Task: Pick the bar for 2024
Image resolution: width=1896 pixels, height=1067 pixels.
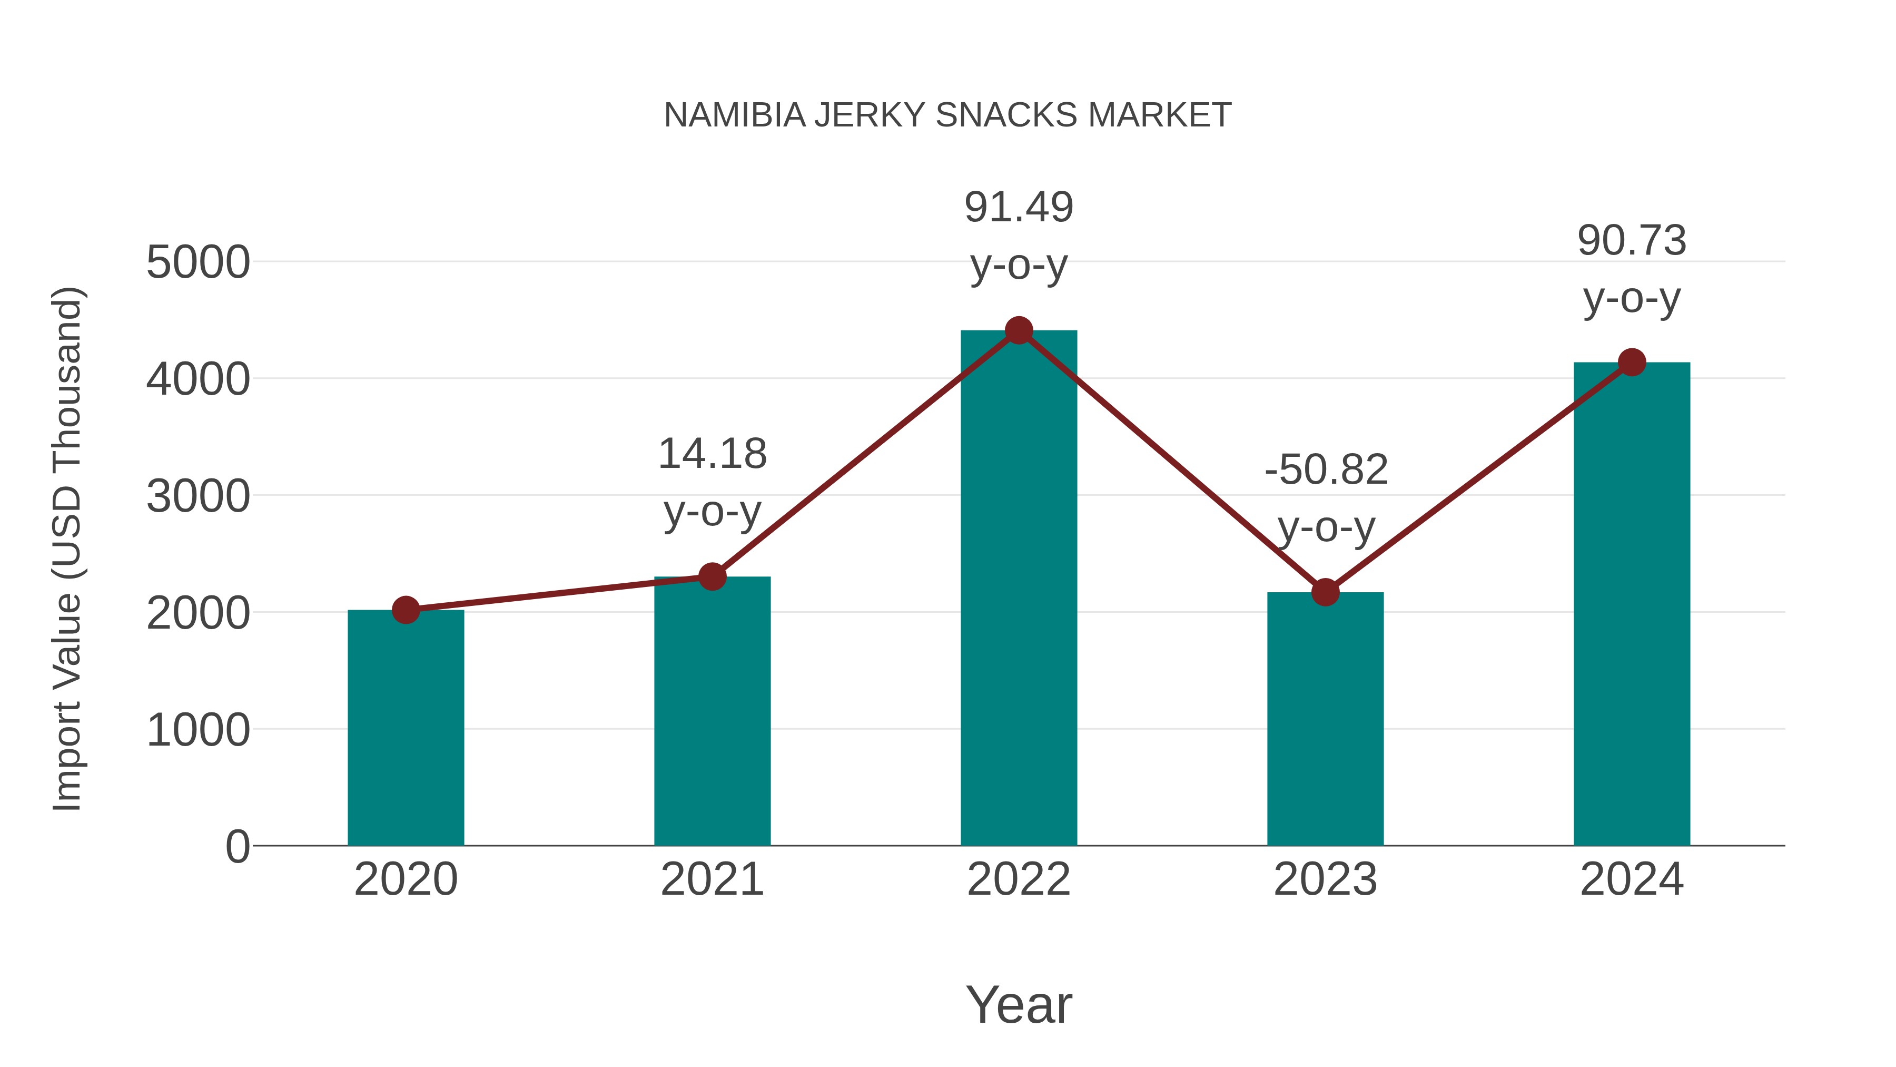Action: [x=1632, y=604]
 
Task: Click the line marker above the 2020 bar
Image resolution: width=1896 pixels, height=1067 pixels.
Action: [x=406, y=610]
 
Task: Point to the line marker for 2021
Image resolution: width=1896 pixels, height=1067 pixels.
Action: [x=712, y=576]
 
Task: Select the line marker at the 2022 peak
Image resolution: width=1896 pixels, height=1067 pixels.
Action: [x=1019, y=330]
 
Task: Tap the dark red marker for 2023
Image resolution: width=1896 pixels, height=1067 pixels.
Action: [x=1325, y=592]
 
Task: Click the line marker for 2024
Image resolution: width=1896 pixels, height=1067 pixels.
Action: [x=1632, y=363]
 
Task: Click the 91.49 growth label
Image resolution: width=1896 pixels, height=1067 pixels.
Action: [x=1019, y=208]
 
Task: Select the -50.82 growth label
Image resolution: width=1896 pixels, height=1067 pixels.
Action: [x=1326, y=470]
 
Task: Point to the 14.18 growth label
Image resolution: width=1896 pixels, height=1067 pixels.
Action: [x=712, y=454]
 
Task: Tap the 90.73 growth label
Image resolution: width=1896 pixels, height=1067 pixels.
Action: [x=1632, y=241]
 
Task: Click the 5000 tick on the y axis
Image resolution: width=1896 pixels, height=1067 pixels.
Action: [x=198, y=262]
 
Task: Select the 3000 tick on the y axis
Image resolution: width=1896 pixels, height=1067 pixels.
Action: [x=198, y=496]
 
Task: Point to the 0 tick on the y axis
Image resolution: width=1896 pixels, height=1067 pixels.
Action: [x=238, y=847]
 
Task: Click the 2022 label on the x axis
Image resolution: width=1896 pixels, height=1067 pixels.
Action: [x=1019, y=879]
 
